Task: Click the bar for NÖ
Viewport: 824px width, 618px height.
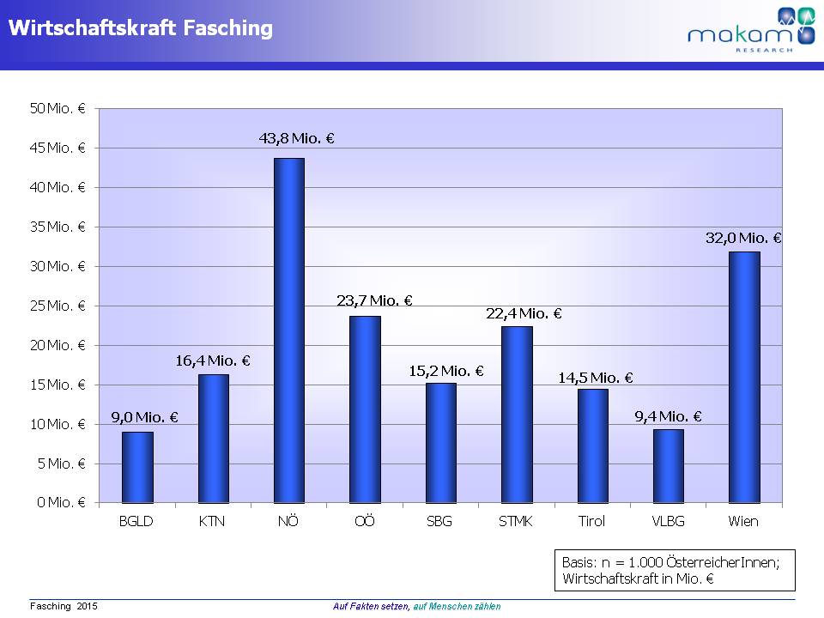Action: [288, 330]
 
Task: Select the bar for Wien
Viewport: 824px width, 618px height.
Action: [744, 377]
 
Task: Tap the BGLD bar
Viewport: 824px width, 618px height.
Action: [137, 467]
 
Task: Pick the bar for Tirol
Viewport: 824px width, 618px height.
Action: [592, 445]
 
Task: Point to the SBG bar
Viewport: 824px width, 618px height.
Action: [440, 443]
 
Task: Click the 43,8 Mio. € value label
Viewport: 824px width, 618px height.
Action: [296, 137]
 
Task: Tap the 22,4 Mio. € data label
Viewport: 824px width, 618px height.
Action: [524, 314]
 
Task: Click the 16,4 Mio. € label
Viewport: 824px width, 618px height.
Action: [212, 361]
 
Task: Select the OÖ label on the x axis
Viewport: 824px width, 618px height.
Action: [365, 521]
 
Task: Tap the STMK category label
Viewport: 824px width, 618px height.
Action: [516, 521]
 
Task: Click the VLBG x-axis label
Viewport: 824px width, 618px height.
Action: [668, 521]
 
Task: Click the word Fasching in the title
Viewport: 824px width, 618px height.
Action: [228, 28]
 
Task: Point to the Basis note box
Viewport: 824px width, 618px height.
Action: [675, 570]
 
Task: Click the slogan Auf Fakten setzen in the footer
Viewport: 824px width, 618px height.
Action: [371, 606]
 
